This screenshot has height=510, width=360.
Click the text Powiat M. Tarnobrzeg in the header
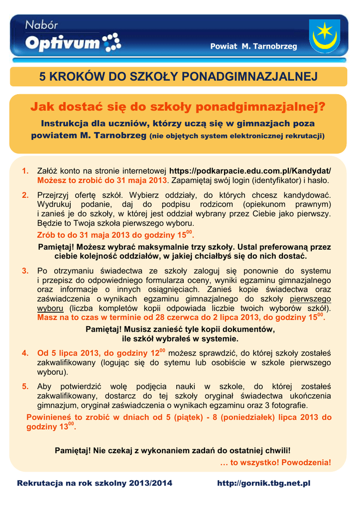253,46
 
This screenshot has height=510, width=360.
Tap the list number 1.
24,171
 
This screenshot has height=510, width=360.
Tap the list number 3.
24,271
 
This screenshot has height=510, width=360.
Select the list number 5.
24,386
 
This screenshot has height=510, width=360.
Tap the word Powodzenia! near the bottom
306,463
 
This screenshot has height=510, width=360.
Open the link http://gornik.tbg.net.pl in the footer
264,484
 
